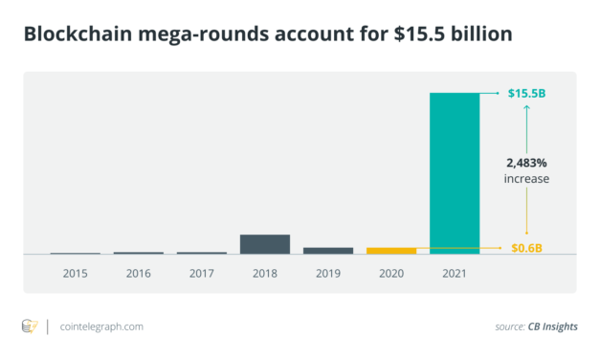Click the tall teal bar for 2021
tap(455, 172)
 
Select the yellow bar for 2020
tap(391, 250)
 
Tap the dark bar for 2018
tap(264, 243)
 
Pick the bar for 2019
tap(328, 250)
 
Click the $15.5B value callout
tap(527, 93)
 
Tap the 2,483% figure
tap(527, 163)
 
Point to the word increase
tap(527, 179)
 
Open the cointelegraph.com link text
tap(100, 326)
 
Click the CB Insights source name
tap(552, 327)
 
